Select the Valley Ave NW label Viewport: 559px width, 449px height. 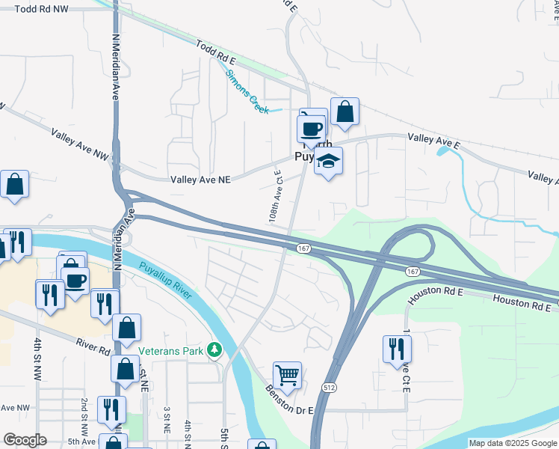pos(80,144)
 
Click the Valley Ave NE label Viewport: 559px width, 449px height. pos(200,180)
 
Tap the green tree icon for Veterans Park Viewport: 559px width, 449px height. pos(215,349)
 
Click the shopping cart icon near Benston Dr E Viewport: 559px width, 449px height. pos(288,374)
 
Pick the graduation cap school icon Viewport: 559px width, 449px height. pos(327,160)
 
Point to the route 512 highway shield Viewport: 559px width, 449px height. pos(330,387)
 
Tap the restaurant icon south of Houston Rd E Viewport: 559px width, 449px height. pos(397,348)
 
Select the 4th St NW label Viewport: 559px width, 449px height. pos(37,357)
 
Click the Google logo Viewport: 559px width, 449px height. pos(25,440)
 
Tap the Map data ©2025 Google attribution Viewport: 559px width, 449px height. pos(511,443)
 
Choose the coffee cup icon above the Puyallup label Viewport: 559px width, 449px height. pos(312,126)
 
